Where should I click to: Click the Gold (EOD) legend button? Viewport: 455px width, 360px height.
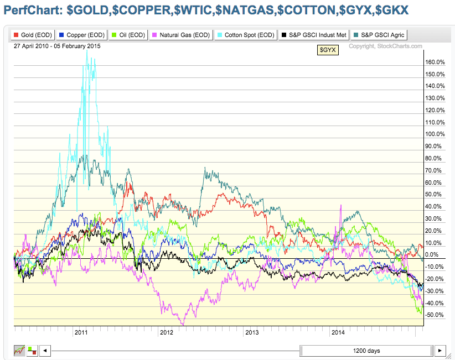33,35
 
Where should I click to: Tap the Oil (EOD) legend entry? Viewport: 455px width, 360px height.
130,35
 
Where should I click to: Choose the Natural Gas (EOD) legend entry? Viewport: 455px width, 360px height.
181,35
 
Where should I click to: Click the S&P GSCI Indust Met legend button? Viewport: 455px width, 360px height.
314,35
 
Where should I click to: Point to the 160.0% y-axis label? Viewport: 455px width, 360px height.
436,62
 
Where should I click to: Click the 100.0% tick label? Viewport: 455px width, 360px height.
436,134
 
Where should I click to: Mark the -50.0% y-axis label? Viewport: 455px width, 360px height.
436,315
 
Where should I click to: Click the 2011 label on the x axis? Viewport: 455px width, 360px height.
81,332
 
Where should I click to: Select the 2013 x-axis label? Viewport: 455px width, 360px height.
252,332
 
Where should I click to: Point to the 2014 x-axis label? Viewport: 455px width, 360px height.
338,332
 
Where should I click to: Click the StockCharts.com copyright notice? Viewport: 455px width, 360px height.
385,46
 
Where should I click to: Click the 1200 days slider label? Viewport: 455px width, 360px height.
366,351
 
